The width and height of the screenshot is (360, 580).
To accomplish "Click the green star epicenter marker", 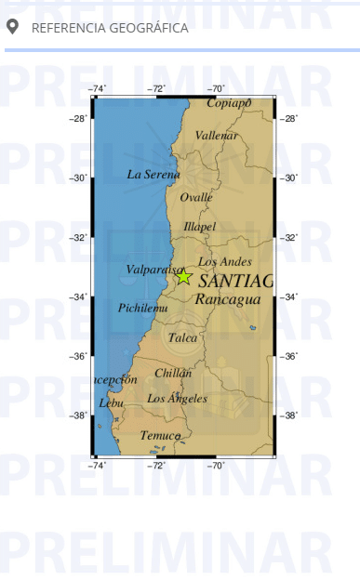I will (183, 275).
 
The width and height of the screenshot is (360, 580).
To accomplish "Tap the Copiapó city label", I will (229, 103).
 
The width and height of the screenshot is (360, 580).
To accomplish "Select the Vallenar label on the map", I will (217, 136).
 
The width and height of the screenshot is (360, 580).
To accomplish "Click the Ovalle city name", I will (196, 197).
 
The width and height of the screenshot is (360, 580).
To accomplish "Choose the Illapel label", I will (199, 226).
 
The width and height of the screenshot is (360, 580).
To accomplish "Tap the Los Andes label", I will (224, 261).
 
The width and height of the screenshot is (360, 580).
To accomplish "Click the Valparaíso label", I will (153, 270).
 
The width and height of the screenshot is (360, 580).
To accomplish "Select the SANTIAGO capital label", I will (235, 281).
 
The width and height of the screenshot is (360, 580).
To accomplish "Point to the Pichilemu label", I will (143, 308).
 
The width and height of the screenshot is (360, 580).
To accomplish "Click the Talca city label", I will (183, 338).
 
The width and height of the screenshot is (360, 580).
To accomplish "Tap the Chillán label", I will (173, 373).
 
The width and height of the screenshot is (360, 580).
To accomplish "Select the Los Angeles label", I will (177, 399).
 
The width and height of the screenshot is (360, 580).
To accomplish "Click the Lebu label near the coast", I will (111, 403).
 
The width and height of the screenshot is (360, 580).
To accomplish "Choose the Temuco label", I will (160, 435).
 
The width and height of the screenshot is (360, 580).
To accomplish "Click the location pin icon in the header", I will (12, 27).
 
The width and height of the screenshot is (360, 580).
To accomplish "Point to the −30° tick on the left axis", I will (80, 178).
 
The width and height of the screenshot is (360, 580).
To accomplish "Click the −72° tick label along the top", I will (156, 89).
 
